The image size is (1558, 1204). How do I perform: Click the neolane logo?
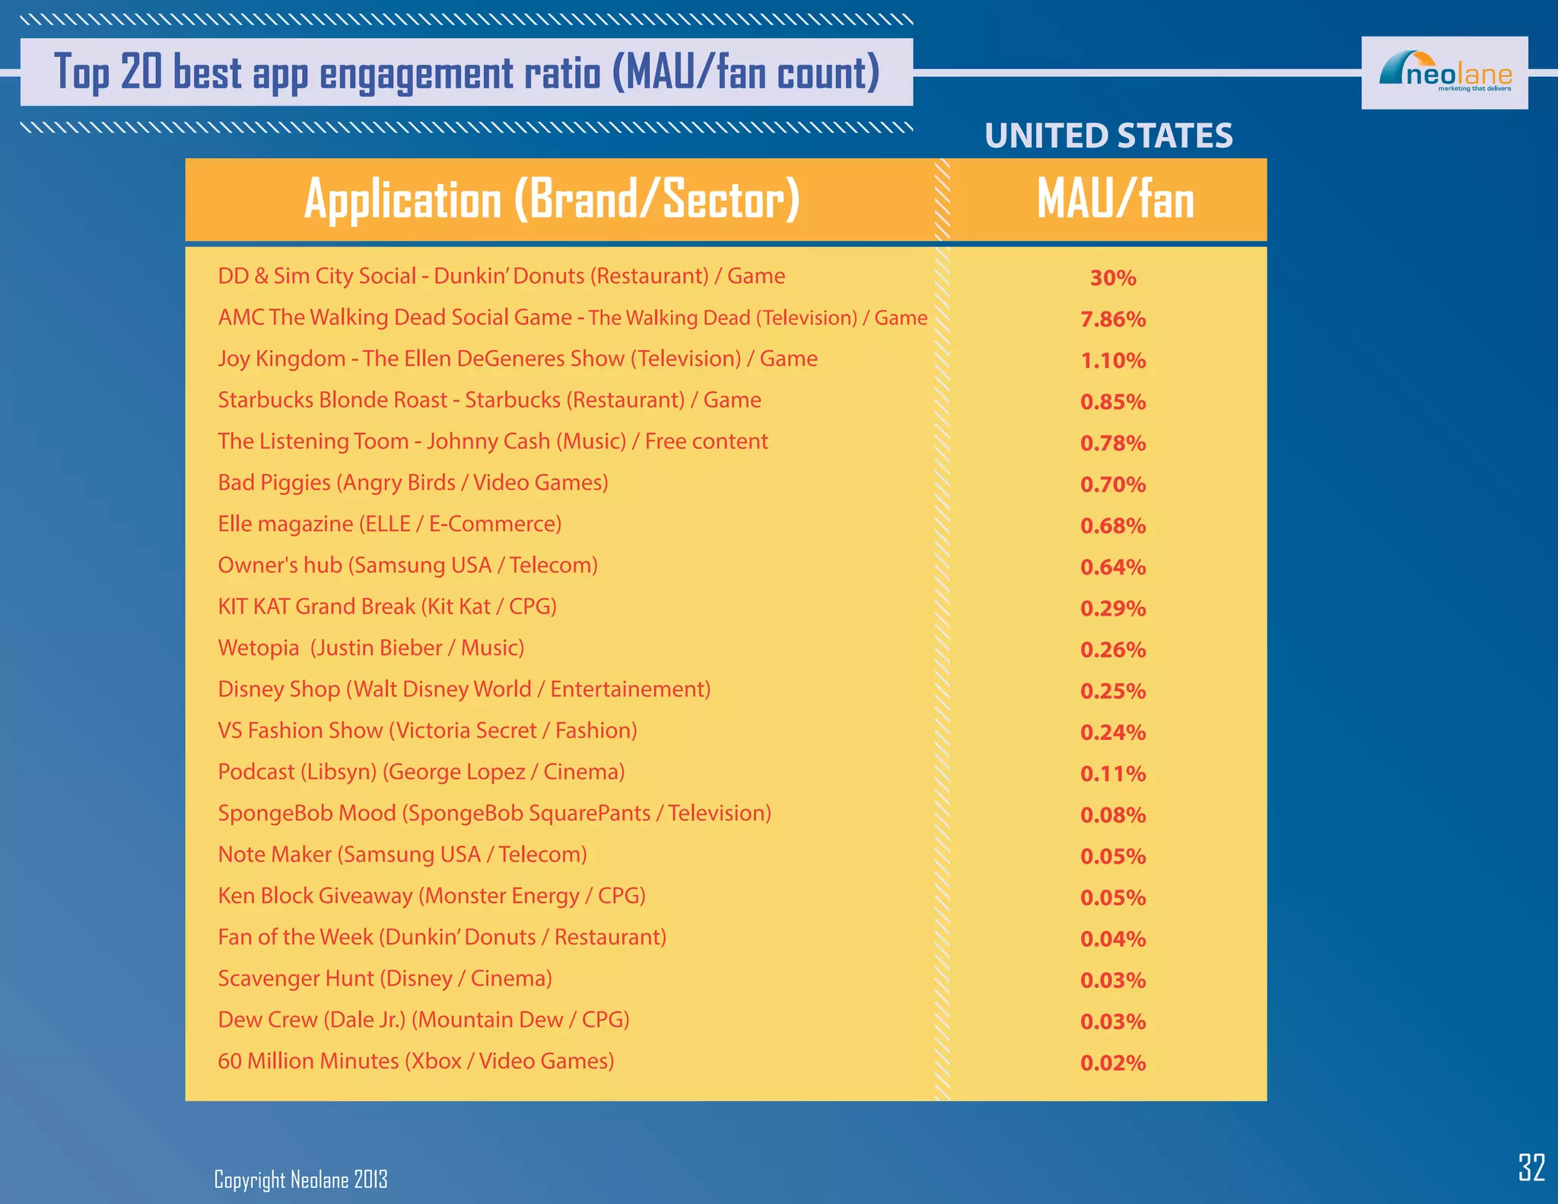pos(1444,73)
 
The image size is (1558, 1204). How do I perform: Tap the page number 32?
pos(1531,1167)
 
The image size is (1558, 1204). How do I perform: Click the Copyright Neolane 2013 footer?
pos(300,1180)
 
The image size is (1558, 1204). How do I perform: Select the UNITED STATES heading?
pos(1108,136)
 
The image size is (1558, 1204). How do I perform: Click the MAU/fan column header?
pos(1114,200)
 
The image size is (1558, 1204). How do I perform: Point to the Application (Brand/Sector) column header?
pos(552,200)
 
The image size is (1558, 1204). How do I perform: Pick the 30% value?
pos(1113,278)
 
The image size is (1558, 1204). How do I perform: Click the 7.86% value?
pos(1113,319)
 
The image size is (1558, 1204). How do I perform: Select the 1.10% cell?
pos(1113,360)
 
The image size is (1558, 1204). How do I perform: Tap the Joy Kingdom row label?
pos(517,358)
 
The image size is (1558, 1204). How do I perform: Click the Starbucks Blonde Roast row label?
pos(489,400)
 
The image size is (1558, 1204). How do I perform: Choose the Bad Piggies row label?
pos(412,483)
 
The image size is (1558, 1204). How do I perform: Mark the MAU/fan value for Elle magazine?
pos(1113,525)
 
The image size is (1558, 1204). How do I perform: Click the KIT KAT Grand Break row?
pos(387,607)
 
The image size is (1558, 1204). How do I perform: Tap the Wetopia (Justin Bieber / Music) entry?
pos(371,648)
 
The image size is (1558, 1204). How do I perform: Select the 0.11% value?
pos(1113,773)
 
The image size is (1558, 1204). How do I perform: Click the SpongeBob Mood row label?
pos(494,813)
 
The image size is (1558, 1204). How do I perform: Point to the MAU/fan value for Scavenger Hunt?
pos(1113,979)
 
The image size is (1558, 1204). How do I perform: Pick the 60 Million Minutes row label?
pos(415,1061)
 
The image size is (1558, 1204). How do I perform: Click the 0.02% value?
pos(1113,1062)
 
